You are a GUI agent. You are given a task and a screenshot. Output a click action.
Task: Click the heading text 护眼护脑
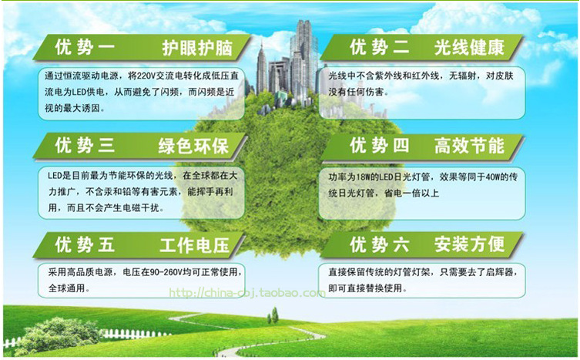click(x=196, y=48)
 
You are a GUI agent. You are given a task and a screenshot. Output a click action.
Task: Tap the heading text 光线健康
click(x=469, y=47)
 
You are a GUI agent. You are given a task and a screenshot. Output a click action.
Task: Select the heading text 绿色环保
click(x=193, y=146)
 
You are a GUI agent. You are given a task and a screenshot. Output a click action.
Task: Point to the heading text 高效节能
click(x=469, y=146)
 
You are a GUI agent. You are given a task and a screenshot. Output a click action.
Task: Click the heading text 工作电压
click(x=195, y=245)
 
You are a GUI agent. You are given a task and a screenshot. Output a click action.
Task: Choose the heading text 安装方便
click(x=469, y=244)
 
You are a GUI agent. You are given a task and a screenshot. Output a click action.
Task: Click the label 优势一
click(x=85, y=47)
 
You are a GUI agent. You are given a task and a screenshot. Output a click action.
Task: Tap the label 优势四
click(x=380, y=146)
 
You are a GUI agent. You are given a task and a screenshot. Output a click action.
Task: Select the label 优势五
click(x=85, y=245)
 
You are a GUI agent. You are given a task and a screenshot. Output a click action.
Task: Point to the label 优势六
click(x=380, y=244)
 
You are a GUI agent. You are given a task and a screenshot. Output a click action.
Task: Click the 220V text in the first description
click(x=146, y=76)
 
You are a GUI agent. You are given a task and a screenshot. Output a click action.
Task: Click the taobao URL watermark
click(x=247, y=293)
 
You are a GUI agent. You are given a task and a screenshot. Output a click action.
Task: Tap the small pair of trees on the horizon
click(x=273, y=315)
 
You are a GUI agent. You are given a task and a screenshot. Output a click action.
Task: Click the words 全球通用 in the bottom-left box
click(x=66, y=288)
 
